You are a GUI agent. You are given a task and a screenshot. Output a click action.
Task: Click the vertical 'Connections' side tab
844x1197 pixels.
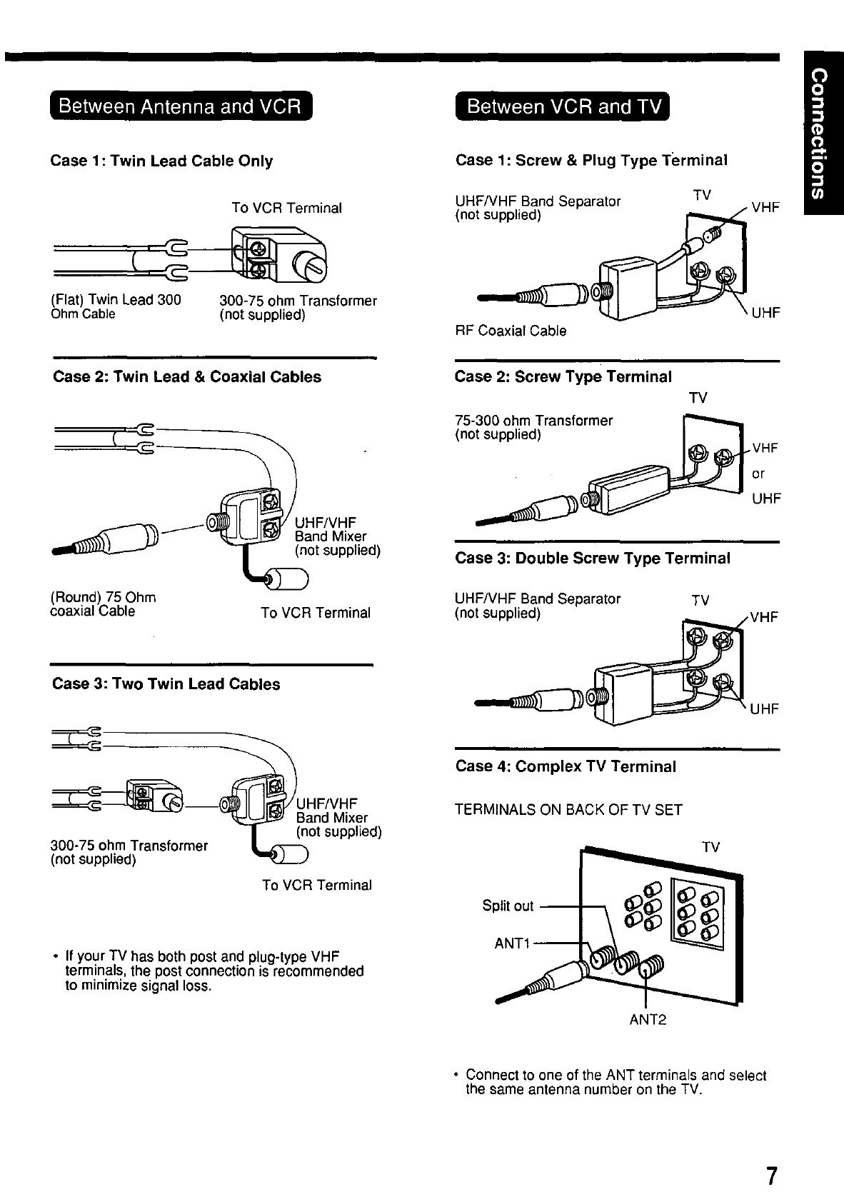click(822, 133)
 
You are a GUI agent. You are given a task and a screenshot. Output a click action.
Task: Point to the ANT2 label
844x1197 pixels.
click(647, 1019)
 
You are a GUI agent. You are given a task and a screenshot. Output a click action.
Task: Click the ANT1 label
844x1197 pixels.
click(512, 944)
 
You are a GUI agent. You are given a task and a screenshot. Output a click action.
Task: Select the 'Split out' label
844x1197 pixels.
click(508, 906)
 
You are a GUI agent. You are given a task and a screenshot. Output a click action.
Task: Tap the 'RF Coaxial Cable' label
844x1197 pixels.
click(511, 331)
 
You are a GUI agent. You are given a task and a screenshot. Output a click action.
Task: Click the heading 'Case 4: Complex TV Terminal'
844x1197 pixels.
click(566, 766)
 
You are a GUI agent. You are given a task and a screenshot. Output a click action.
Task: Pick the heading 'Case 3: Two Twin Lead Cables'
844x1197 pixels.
click(166, 684)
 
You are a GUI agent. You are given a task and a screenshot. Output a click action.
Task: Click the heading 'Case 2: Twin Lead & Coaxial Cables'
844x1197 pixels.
click(187, 377)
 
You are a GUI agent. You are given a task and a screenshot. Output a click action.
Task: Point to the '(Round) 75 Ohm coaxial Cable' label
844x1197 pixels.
click(103, 604)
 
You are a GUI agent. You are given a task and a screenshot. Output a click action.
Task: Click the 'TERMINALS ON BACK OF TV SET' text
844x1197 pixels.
click(568, 810)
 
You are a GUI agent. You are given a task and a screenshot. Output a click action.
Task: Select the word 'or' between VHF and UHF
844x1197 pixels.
click(758, 474)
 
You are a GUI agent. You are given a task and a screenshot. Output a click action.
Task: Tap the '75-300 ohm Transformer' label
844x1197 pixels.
click(533, 421)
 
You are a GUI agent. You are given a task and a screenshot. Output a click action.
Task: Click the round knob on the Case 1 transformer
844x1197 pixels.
click(315, 268)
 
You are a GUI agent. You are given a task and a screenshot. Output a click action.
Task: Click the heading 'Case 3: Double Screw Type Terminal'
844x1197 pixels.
click(592, 559)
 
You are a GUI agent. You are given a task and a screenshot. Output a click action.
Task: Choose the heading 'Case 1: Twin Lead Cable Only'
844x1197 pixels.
click(161, 161)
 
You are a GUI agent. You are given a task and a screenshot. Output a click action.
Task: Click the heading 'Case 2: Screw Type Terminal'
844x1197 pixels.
click(563, 377)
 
